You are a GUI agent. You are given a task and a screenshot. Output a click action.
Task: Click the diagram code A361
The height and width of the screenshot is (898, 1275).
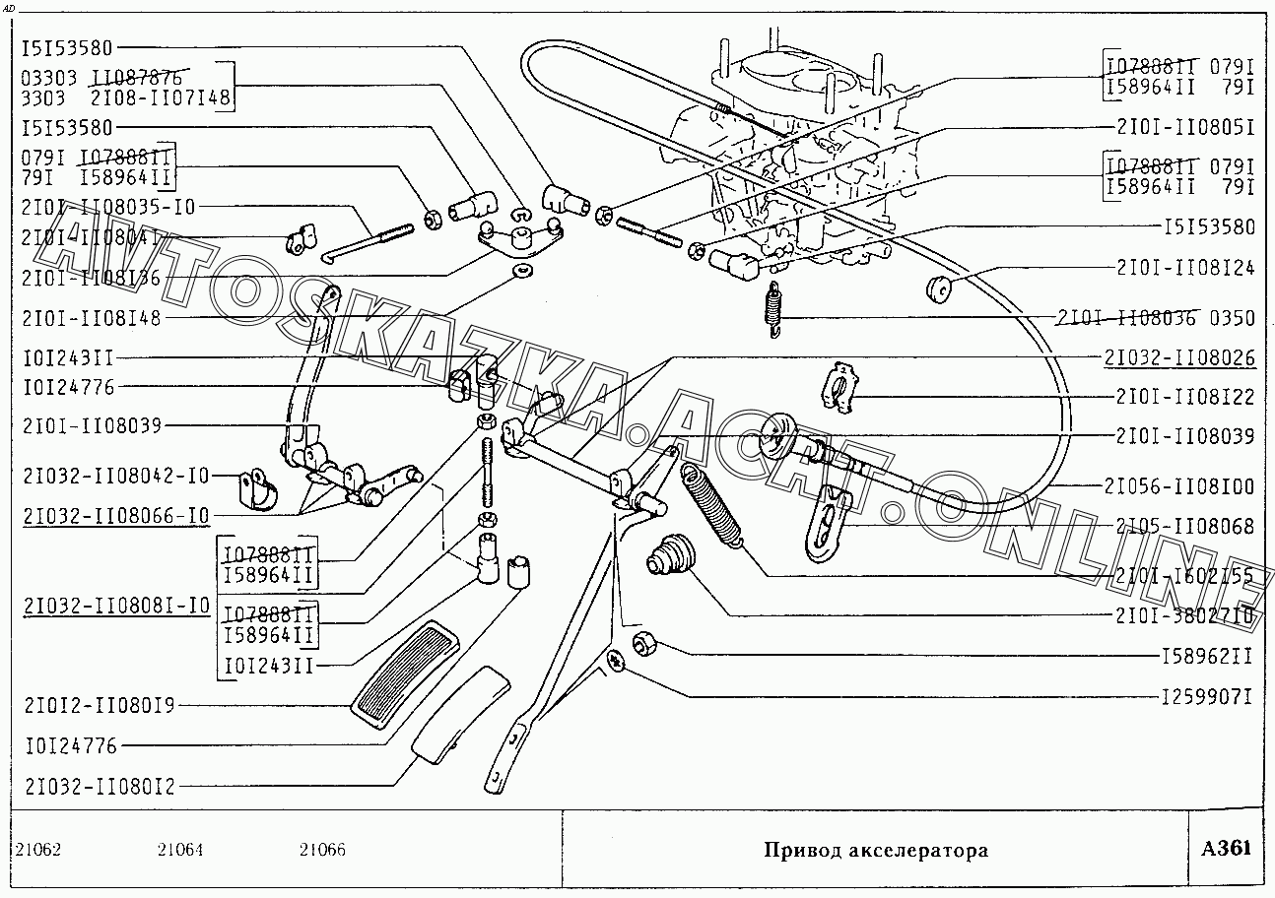[x=1226, y=848]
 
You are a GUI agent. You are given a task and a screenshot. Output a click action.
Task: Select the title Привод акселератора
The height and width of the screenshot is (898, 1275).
[x=876, y=850]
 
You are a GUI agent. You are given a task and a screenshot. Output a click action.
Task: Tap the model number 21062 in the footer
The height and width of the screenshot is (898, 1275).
[x=38, y=850]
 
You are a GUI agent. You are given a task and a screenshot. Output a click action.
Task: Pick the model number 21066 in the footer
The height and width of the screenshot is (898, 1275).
[x=322, y=850]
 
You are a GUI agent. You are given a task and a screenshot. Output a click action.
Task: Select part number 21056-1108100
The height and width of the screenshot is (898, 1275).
[x=1179, y=486]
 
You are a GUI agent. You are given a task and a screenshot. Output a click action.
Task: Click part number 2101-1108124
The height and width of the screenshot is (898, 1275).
[x=1185, y=268]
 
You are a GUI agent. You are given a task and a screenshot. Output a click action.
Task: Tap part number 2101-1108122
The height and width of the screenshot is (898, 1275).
[x=1185, y=397]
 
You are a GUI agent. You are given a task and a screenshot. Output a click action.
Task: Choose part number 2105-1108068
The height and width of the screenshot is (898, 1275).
[x=1185, y=527]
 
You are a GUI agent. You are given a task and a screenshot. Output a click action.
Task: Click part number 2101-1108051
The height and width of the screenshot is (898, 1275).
[x=1185, y=127]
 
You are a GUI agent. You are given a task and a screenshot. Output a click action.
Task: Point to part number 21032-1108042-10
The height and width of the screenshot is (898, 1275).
[x=116, y=476]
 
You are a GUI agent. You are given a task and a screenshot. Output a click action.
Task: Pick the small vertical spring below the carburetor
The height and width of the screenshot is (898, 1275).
[x=775, y=309]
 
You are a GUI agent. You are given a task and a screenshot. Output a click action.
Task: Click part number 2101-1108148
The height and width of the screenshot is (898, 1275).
[x=90, y=318]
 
